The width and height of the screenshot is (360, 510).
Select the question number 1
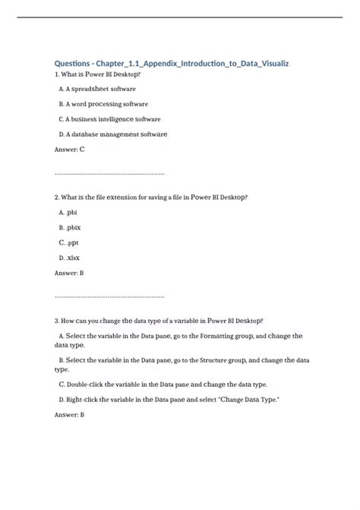coord(56,75)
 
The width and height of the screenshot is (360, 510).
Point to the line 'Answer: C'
coord(70,150)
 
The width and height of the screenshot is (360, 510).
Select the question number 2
coord(56,197)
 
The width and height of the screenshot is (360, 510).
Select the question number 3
coord(56,320)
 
